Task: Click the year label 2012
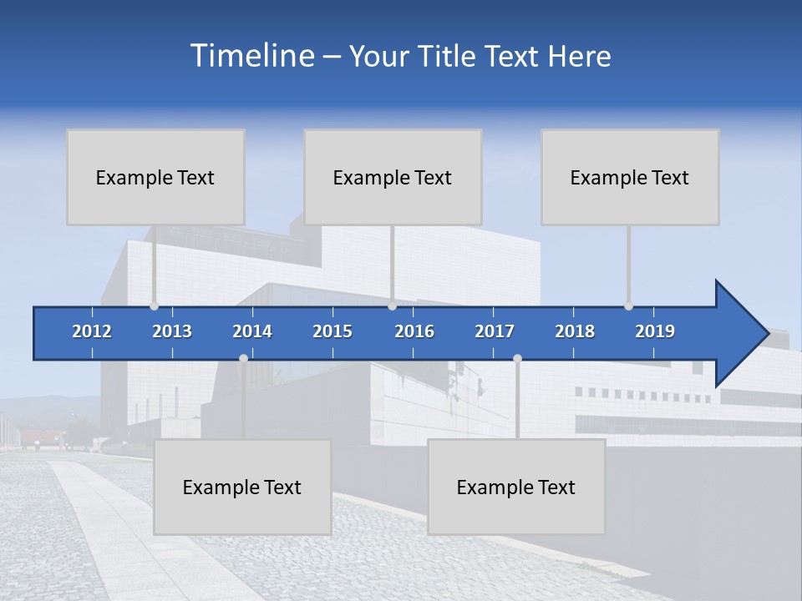click(x=92, y=331)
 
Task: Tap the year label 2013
click(x=172, y=331)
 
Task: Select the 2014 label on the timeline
click(x=252, y=331)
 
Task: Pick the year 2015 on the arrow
click(x=332, y=331)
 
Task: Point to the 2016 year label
click(x=414, y=331)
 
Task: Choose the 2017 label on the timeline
click(x=495, y=331)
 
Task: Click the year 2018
click(x=575, y=331)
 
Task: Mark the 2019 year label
click(x=655, y=331)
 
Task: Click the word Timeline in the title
click(x=251, y=56)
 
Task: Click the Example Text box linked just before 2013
click(x=155, y=177)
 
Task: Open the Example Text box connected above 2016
click(x=393, y=177)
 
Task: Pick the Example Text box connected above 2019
click(x=630, y=177)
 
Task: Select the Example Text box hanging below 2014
click(x=242, y=487)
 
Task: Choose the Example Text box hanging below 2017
click(x=516, y=487)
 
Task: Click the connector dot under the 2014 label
click(x=243, y=358)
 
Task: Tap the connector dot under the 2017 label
click(x=517, y=358)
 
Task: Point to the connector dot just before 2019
click(x=628, y=306)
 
